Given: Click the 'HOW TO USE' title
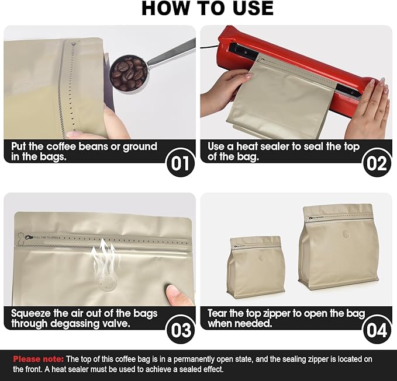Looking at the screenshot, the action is coord(208,9).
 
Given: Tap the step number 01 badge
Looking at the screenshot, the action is coord(180,162).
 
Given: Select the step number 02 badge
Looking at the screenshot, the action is coord(377,162).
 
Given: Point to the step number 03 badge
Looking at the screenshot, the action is coord(180,330).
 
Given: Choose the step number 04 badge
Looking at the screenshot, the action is coord(377,330).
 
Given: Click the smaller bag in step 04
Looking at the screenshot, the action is coord(256,267).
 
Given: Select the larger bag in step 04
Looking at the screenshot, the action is coord(339,247).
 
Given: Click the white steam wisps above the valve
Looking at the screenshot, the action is coord(105,256).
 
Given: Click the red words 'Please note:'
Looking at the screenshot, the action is coord(38,359).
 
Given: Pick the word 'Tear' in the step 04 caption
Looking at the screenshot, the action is coord(218,313).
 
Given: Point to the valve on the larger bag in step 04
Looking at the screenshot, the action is coord(346,234).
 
